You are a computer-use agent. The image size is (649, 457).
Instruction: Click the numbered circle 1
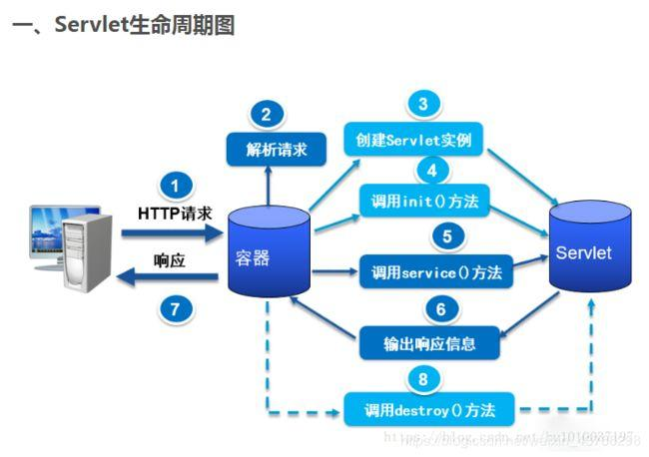176,187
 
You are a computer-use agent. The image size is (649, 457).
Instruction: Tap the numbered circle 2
266,114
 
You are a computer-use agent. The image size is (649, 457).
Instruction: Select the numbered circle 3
423,104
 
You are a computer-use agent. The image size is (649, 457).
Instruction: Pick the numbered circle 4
431,170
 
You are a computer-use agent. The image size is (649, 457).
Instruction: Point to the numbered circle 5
446,236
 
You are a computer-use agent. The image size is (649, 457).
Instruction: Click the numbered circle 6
440,308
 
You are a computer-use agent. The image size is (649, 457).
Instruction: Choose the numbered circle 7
176,308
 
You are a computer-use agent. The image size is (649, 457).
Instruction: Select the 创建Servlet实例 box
414,139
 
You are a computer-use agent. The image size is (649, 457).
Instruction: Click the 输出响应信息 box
429,344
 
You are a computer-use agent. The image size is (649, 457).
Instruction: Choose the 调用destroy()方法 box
432,409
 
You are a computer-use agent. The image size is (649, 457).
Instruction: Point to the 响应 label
171,262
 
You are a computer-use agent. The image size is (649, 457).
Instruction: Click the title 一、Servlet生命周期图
124,25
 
